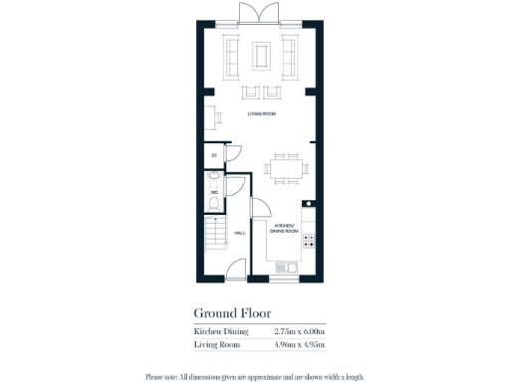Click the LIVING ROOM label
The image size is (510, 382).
click(261, 114)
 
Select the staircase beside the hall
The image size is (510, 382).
click(215, 236)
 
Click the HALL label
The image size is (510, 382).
click(239, 233)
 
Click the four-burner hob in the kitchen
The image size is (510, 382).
click(309, 241)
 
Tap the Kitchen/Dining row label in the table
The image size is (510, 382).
click(218, 330)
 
